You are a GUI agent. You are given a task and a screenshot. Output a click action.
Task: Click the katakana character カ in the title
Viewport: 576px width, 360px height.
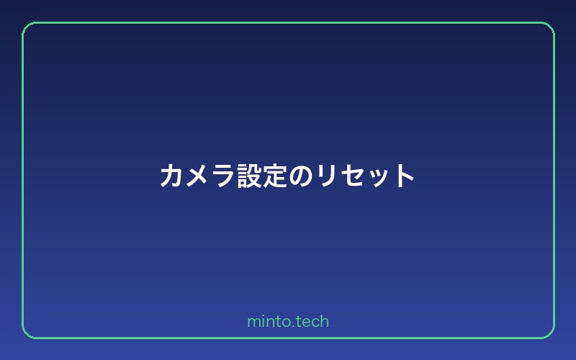(x=171, y=176)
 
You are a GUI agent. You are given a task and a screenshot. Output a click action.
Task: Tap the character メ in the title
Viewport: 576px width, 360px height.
(x=197, y=176)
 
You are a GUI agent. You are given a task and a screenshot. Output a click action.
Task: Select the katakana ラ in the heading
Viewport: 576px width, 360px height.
(x=223, y=176)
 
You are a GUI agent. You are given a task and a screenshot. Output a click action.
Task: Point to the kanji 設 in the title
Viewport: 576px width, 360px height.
(x=249, y=176)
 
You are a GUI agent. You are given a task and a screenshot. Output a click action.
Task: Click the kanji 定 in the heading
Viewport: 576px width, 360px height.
(x=275, y=176)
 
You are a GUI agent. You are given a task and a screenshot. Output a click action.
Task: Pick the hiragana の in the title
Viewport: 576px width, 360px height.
(x=301, y=176)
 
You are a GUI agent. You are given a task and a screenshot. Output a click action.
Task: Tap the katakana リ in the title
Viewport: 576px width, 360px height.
(x=327, y=176)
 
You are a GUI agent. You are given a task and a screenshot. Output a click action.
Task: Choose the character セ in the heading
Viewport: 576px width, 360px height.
(x=352, y=176)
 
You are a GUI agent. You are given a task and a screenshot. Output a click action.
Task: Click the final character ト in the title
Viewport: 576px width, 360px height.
(x=405, y=176)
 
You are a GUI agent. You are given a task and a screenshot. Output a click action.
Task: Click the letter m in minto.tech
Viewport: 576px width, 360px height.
(x=253, y=322)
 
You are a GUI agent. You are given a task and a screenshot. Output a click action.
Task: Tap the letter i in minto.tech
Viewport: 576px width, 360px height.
(x=263, y=321)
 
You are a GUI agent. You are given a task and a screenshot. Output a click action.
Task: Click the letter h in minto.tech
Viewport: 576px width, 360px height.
(x=324, y=321)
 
